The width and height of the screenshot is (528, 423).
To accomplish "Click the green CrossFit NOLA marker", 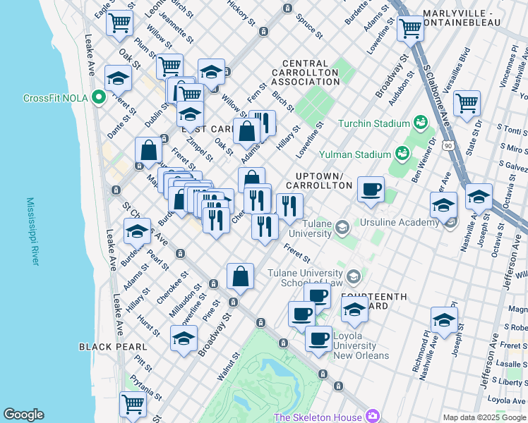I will coord(99,98).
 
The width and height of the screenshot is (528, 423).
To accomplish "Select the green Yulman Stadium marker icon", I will coord(402,153).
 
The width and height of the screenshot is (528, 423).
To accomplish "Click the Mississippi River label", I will coord(32,231).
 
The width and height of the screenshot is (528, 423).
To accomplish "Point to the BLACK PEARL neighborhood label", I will coord(113,346).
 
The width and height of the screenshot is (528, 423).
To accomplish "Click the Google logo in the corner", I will coord(23,415).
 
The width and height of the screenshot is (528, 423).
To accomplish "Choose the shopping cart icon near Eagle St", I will coord(120,23).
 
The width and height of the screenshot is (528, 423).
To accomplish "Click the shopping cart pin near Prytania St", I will coord(133,404).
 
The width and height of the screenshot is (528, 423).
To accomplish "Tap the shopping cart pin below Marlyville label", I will coord(410,28).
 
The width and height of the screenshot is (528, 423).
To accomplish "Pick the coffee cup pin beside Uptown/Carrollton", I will coord(371,189).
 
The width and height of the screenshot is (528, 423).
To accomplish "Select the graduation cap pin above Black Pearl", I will coord(184,338).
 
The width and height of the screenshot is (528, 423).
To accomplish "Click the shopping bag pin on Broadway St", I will coord(241,276).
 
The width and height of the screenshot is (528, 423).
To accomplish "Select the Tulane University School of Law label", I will coord(309,278).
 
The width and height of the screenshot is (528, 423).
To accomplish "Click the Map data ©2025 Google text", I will coord(484,417).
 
